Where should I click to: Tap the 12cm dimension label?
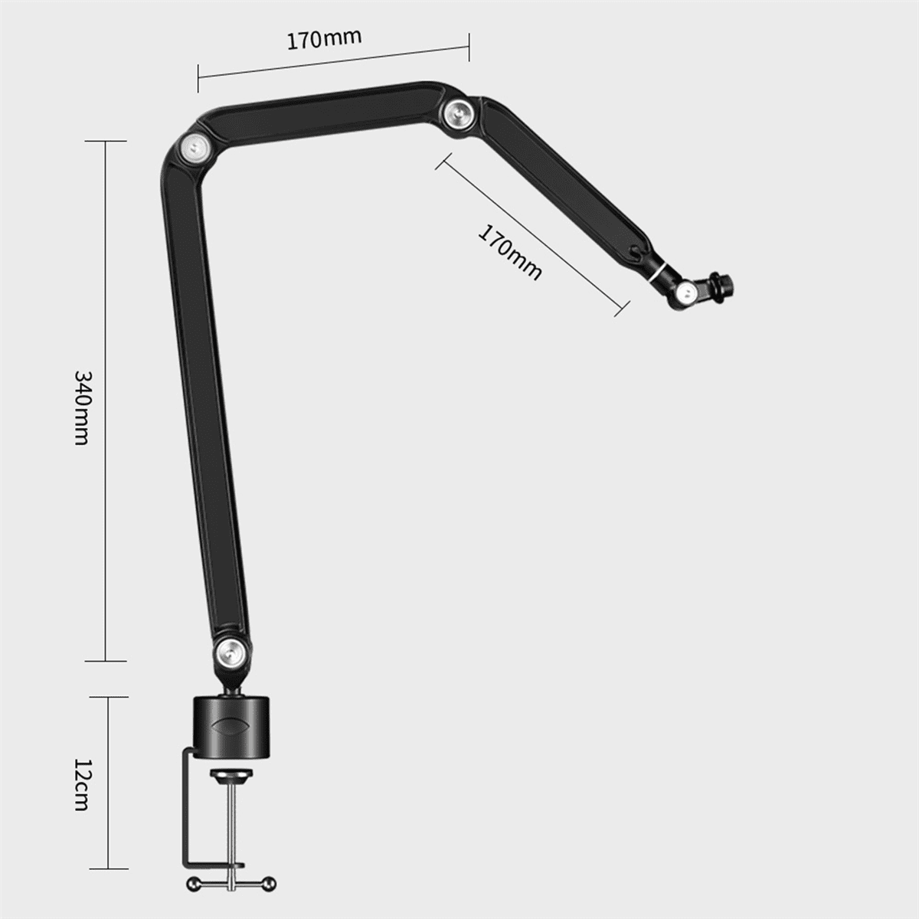click(83, 785)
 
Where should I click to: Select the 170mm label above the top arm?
click(325, 39)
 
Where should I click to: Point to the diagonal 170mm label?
click(510, 252)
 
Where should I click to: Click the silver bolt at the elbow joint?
click(195, 146)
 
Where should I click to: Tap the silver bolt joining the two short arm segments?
click(459, 111)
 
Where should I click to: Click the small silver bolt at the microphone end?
click(687, 290)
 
